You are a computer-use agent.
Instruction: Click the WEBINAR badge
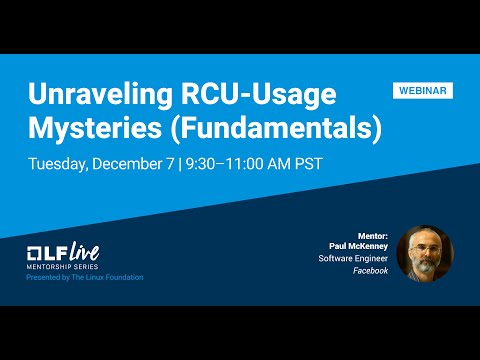pos(422,90)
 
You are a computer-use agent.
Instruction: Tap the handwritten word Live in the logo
pos(83,250)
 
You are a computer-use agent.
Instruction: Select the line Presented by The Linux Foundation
pos(84,277)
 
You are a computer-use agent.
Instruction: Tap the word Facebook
pos(370,271)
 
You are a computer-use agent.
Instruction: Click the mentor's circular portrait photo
pos(424,253)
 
